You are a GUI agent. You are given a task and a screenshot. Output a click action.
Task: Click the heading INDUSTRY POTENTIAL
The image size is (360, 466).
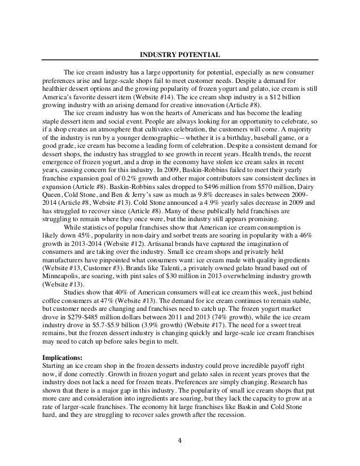tap(180, 55)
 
